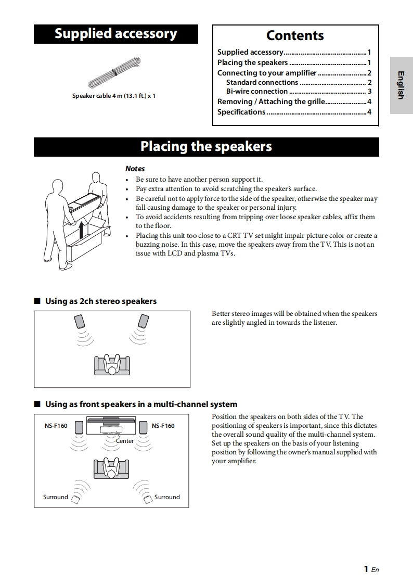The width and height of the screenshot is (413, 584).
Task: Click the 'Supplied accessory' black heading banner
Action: pyautogui.click(x=116, y=34)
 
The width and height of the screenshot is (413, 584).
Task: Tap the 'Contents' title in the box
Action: pyautogui.click(x=295, y=35)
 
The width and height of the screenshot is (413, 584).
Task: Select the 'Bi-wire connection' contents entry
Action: pyautogui.click(x=257, y=92)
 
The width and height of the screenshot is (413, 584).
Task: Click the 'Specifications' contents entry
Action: pyautogui.click(x=241, y=112)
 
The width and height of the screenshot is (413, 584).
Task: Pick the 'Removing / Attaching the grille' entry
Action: pyautogui.click(x=271, y=101)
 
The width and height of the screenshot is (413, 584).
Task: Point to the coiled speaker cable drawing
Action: pyautogui.click(x=115, y=73)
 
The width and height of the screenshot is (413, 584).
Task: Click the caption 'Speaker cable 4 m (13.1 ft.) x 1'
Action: pyautogui.click(x=114, y=96)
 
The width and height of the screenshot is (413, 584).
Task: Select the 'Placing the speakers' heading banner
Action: pyautogui.click(x=206, y=147)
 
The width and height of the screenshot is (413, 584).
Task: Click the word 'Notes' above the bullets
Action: pyautogui.click(x=135, y=169)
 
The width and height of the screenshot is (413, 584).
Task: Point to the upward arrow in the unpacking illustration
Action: pyautogui.click(x=81, y=230)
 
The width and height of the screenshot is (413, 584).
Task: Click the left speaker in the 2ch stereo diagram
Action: pyautogui.click(x=80, y=321)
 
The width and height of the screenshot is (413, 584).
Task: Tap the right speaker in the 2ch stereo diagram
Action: pyautogui.click(x=143, y=321)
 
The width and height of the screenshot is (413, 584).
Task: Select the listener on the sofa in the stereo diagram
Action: pyautogui.click(x=111, y=365)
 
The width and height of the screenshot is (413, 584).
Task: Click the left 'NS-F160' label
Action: pyautogui.click(x=56, y=426)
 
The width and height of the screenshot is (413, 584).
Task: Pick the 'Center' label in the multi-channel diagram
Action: pyautogui.click(x=125, y=441)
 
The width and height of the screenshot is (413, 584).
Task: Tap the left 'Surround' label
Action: pyautogui.click(x=55, y=497)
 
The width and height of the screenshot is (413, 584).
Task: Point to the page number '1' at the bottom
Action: pyautogui.click(x=367, y=569)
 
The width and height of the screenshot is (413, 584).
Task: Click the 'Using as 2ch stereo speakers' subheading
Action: pyautogui.click(x=100, y=301)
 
